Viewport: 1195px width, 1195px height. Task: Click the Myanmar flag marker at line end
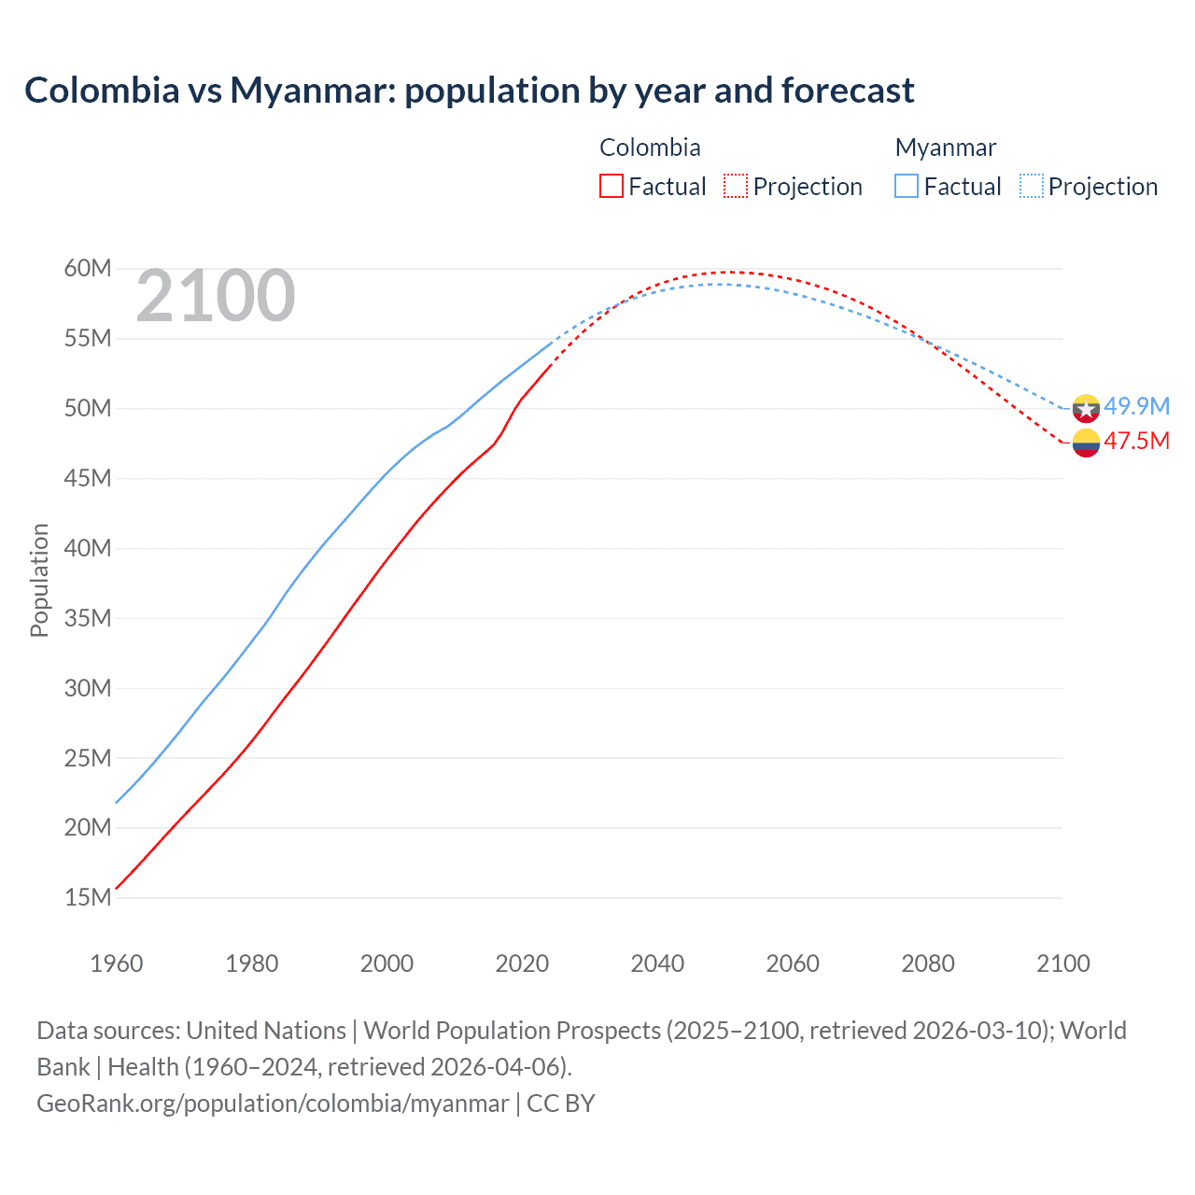coord(1086,408)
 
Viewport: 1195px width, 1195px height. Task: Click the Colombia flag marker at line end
coord(1086,443)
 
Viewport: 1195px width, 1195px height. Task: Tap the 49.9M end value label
coord(1136,406)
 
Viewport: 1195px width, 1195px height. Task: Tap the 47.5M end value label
coord(1136,441)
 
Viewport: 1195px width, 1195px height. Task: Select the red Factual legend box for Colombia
coord(611,187)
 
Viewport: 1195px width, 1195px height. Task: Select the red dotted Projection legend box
coord(736,187)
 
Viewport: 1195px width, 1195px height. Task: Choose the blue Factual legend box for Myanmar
coord(907,187)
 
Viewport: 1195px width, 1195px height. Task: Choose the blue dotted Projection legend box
coord(1032,187)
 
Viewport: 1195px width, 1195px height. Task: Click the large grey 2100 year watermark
coord(216,296)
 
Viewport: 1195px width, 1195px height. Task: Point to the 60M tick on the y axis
coord(88,269)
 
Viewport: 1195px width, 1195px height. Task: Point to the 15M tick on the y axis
coord(88,898)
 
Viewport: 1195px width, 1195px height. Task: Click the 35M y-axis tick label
coord(88,618)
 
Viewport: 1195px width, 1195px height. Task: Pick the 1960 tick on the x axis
coord(117,963)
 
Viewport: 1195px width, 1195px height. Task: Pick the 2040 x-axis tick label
coord(657,963)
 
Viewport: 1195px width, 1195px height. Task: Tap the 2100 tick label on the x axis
coord(1062,963)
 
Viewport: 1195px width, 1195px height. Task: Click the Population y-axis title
coord(39,580)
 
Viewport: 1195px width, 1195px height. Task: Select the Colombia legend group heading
coord(650,148)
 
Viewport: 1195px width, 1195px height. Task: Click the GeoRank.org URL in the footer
coord(273,1104)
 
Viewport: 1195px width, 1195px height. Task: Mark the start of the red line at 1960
coord(117,888)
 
